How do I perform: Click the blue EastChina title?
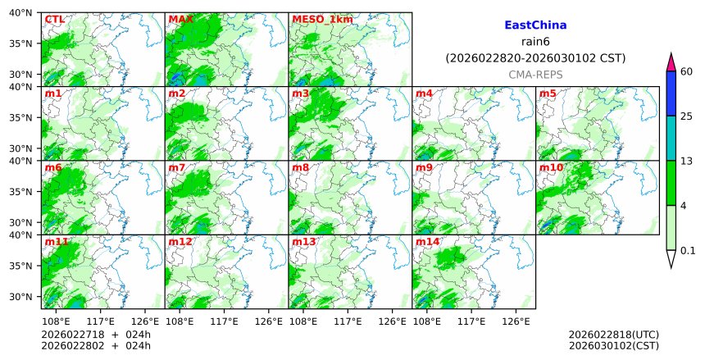pyautogui.click(x=535, y=25)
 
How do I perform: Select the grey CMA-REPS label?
pyautogui.click(x=535, y=75)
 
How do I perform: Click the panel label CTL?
pyautogui.click(x=54, y=19)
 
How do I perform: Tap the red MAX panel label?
pyautogui.click(x=180, y=19)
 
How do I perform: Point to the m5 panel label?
pyautogui.click(x=548, y=93)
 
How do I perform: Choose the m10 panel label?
pyautogui.click(x=551, y=167)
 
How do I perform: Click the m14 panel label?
pyautogui.click(x=427, y=242)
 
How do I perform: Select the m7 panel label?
pyautogui.click(x=177, y=167)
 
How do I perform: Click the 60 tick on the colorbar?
pyautogui.click(x=687, y=71)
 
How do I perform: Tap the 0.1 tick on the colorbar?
pyautogui.click(x=688, y=251)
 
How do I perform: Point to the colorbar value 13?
pyautogui.click(x=687, y=161)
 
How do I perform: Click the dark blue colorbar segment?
pyautogui.click(x=671, y=93)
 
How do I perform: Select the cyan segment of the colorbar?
pyautogui.click(x=671, y=138)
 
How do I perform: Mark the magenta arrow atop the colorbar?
pyautogui.click(x=671, y=62)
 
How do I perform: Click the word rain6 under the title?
pyautogui.click(x=535, y=42)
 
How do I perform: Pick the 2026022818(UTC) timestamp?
pyautogui.click(x=613, y=335)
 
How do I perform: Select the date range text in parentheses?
pyautogui.click(x=535, y=58)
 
